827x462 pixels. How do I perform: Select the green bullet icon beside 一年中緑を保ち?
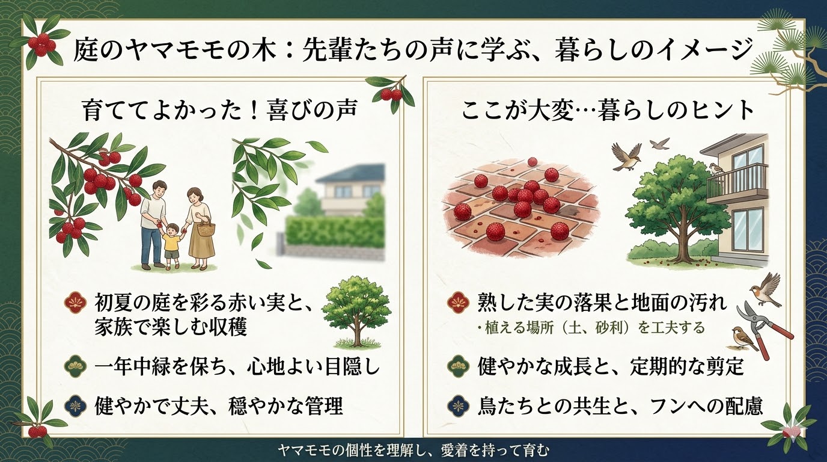coord(74,366)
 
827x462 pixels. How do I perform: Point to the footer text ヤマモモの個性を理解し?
coord(414,450)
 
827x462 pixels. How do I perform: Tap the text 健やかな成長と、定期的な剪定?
coord(611,366)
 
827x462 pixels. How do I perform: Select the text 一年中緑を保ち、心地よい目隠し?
coord(237,366)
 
